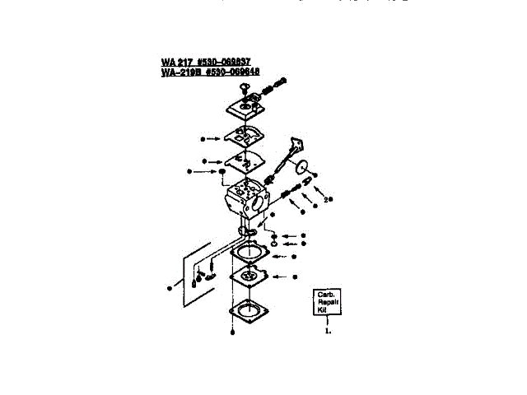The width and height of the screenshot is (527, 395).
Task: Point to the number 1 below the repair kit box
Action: tap(328, 332)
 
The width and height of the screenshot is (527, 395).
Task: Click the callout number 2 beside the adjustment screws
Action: tap(327, 199)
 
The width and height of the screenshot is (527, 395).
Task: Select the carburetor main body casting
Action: tap(246, 197)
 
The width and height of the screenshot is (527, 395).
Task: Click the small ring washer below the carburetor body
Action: tap(274, 244)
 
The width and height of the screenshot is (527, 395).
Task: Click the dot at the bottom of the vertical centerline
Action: tap(234, 332)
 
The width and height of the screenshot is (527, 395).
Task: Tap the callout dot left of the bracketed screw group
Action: tap(168, 287)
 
